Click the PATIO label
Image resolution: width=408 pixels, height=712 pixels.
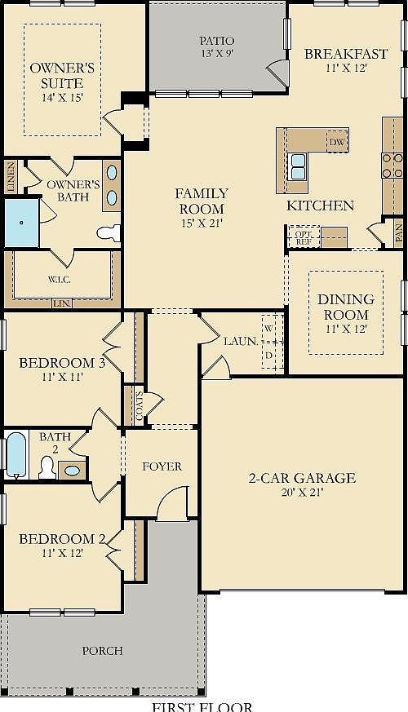pos(217,41)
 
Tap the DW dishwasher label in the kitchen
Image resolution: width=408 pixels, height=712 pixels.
pos(337,143)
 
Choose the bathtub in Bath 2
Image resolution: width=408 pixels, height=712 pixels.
pos(16,454)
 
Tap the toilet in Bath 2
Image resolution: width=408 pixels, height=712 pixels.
pos(47,467)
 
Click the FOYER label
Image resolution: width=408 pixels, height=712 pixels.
pos(162,467)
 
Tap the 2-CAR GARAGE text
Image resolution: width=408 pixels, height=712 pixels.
pos(302,478)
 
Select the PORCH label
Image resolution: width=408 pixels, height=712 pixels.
pos(103,651)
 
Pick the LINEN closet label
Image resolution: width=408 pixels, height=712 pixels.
pos(11,178)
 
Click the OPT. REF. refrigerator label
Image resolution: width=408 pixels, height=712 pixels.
pos(303,237)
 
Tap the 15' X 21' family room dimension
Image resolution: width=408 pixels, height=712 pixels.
pos(202,222)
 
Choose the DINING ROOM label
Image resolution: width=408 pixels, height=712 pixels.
pos(344,307)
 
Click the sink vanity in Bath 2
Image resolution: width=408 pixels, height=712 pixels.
pos(72,470)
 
